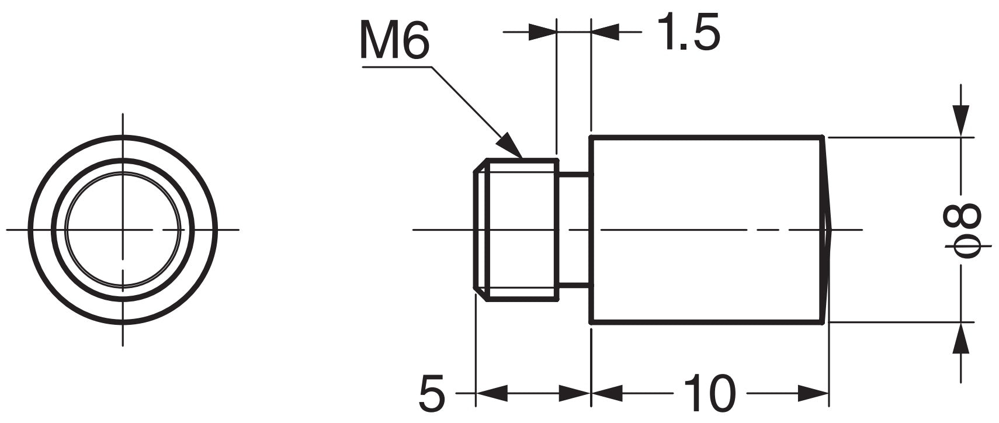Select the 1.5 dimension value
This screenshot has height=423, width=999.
tap(688, 31)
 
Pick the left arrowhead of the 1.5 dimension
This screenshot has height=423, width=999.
tap(542, 32)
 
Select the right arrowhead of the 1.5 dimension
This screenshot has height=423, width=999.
tap(605, 32)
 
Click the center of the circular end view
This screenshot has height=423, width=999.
tap(123, 230)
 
